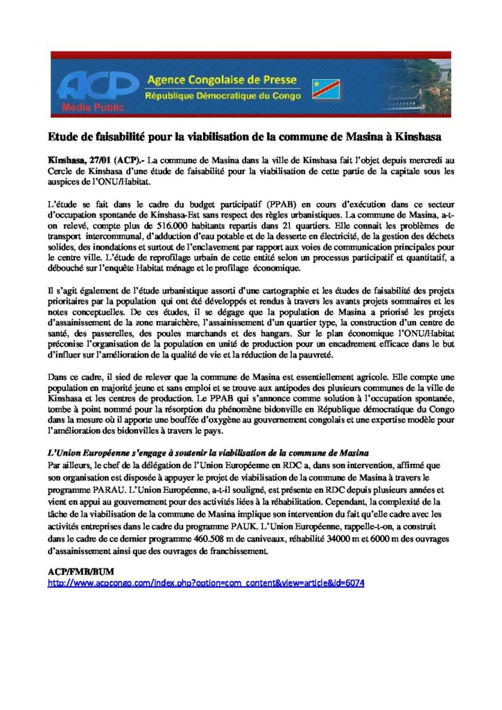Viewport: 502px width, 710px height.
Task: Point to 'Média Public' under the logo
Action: pyautogui.click(x=84, y=108)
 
